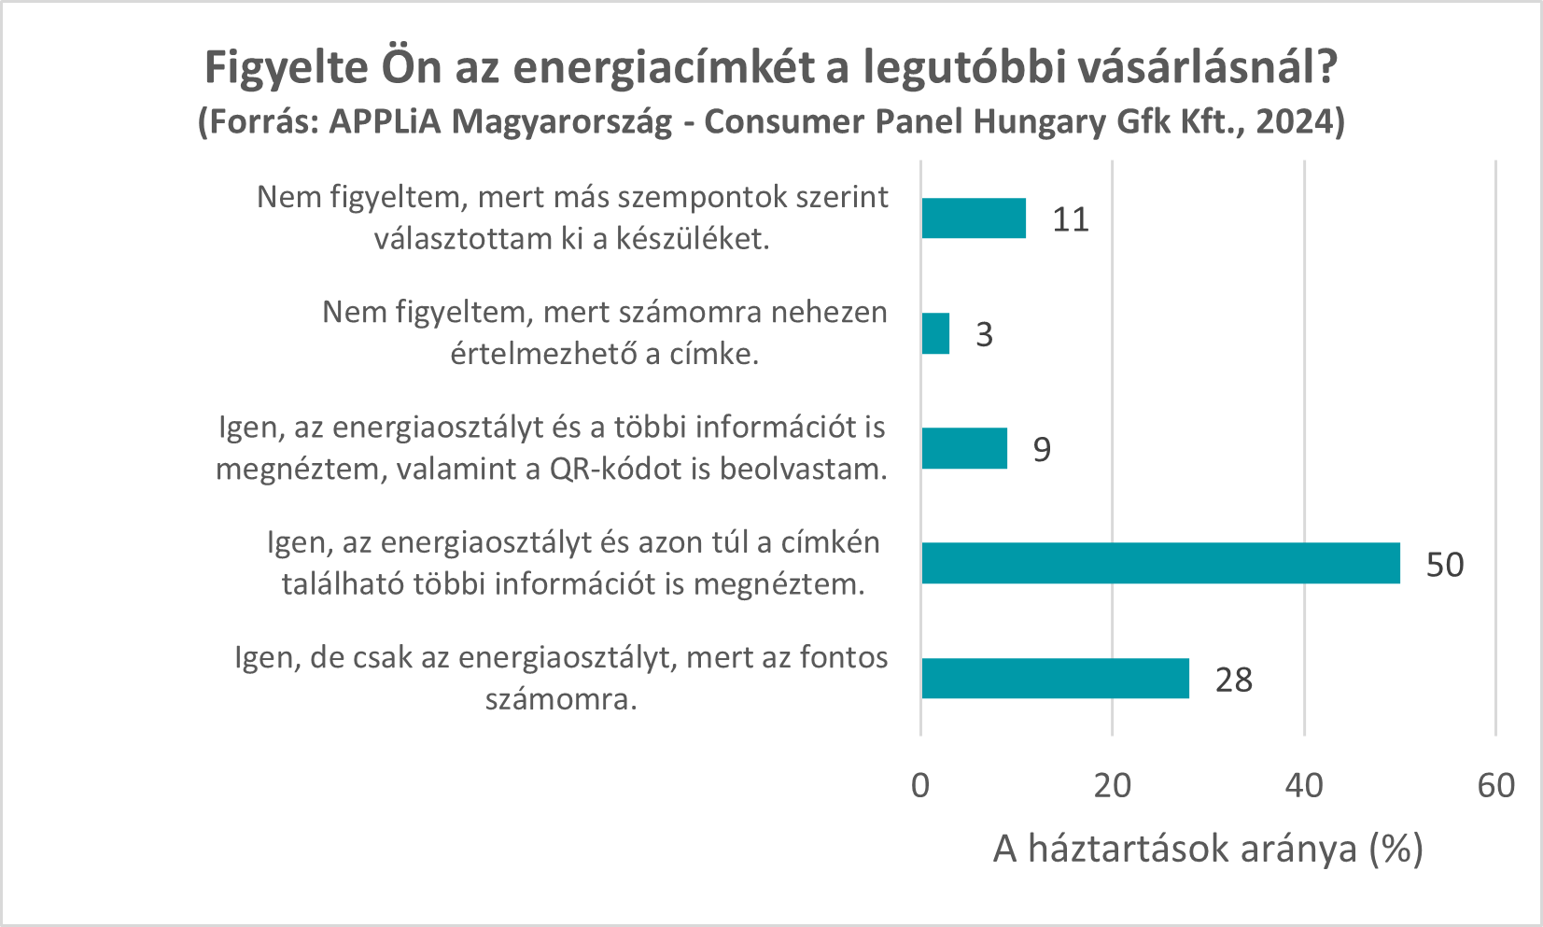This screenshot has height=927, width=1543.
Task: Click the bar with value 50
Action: (x=1160, y=563)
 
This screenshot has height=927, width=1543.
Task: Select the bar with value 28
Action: (x=1055, y=679)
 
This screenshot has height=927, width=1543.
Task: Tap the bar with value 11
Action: (x=974, y=218)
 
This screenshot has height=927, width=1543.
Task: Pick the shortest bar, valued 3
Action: (x=935, y=333)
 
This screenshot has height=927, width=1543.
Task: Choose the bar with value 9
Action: (x=964, y=448)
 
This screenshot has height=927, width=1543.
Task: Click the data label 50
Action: (x=1445, y=565)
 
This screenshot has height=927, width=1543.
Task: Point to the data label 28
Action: (x=1234, y=681)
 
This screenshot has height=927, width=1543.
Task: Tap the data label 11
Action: (x=1071, y=220)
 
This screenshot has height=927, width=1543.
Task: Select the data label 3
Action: (x=985, y=335)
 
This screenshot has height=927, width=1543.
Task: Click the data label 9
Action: (x=1042, y=450)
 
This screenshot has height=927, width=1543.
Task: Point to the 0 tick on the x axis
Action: (x=920, y=786)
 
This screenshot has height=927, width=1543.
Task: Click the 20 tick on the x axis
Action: (x=1113, y=786)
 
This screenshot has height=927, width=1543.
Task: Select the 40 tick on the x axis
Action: (x=1304, y=786)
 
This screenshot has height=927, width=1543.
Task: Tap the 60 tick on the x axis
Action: (x=1496, y=786)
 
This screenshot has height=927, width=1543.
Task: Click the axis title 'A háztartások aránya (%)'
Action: (x=1207, y=850)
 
